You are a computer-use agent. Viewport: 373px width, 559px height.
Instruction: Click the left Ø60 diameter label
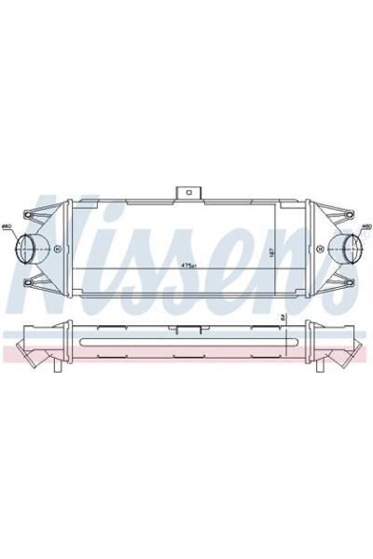[7, 226]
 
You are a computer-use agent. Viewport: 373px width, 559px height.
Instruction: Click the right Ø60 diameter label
[366, 226]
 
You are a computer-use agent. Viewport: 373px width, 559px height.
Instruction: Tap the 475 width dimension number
[190, 266]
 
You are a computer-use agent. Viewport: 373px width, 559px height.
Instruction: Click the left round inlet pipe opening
[29, 249]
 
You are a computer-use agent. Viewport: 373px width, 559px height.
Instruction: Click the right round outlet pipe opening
[344, 249]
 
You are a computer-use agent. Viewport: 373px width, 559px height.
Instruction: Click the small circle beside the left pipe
[58, 249]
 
